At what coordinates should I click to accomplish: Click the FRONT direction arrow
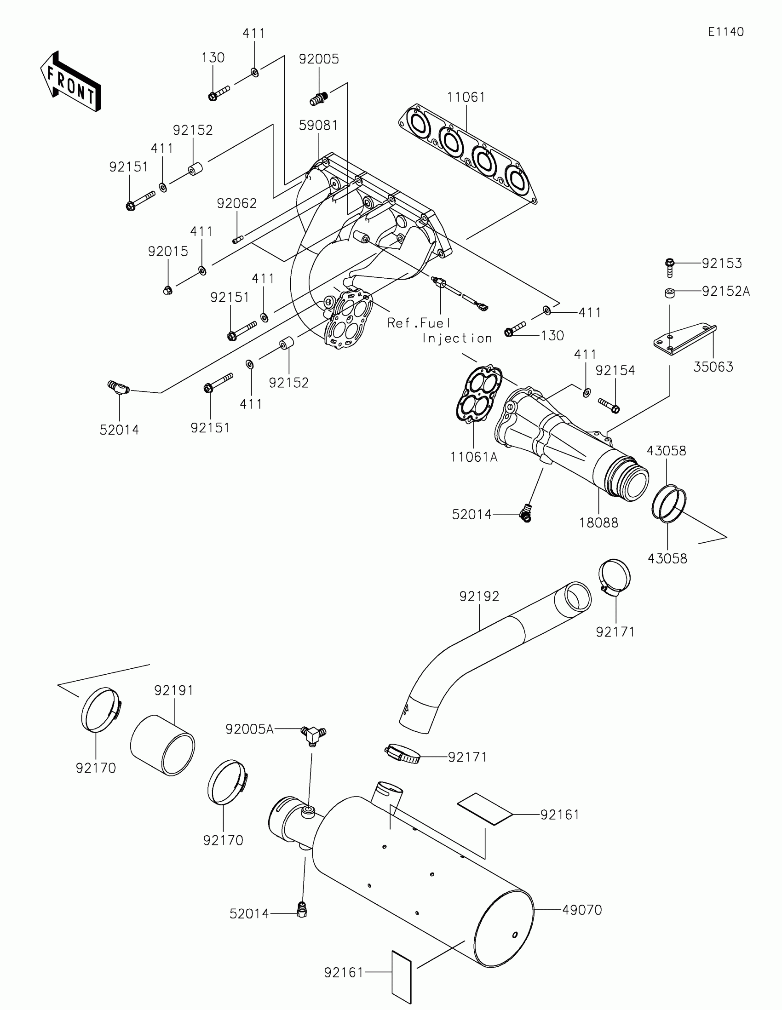(x=70, y=82)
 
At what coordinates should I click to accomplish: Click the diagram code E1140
(x=725, y=32)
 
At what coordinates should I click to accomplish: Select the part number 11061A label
(x=473, y=457)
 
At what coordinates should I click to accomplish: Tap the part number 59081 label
(x=318, y=125)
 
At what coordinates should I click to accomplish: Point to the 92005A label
(x=249, y=729)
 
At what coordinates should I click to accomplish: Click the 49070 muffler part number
(x=582, y=910)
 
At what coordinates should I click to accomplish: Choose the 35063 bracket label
(x=713, y=367)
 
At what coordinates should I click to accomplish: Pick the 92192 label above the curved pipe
(x=479, y=597)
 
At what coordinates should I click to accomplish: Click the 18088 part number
(x=598, y=522)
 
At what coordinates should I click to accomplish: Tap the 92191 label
(x=174, y=690)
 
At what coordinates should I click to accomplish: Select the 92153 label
(x=721, y=263)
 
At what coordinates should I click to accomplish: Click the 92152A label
(x=725, y=291)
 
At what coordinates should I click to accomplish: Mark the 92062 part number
(x=237, y=203)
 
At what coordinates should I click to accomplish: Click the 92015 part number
(x=168, y=252)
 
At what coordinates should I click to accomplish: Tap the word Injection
(x=457, y=339)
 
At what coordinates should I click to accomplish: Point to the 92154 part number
(x=615, y=370)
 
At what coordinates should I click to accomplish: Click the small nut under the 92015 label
(x=168, y=290)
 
